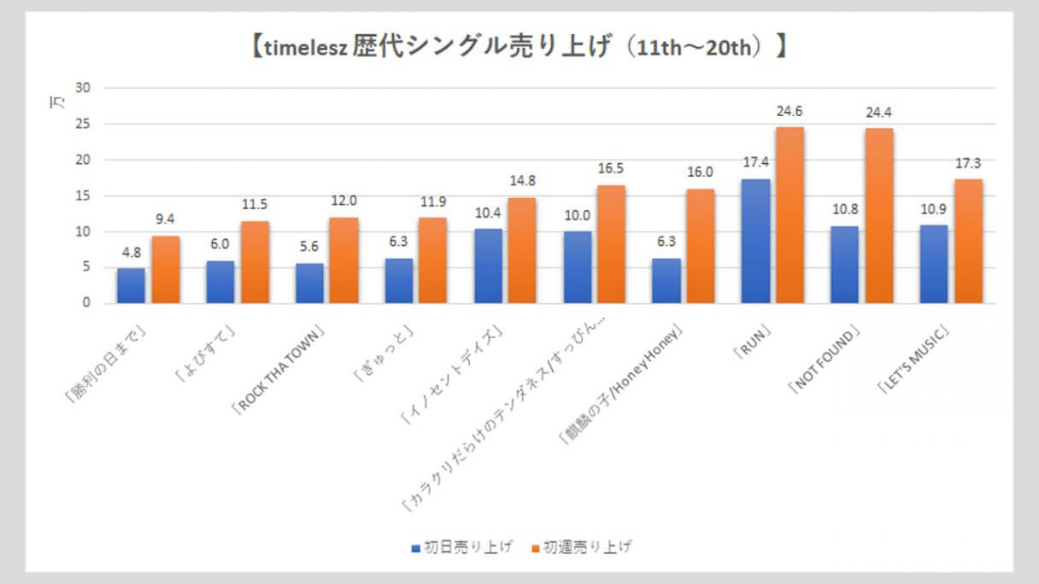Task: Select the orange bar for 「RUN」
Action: point(790,215)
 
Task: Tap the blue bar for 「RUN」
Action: point(755,241)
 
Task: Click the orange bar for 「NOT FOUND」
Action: point(878,216)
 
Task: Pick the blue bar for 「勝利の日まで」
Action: point(131,286)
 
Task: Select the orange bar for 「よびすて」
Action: point(255,262)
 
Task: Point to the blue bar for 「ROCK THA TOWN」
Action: point(309,283)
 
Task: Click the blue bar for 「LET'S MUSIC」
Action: point(933,264)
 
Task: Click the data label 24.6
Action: point(790,111)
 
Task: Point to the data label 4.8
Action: point(131,253)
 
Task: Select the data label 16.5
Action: point(611,169)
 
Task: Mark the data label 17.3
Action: point(968,163)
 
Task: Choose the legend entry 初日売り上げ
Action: point(461,547)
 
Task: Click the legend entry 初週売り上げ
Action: point(582,547)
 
